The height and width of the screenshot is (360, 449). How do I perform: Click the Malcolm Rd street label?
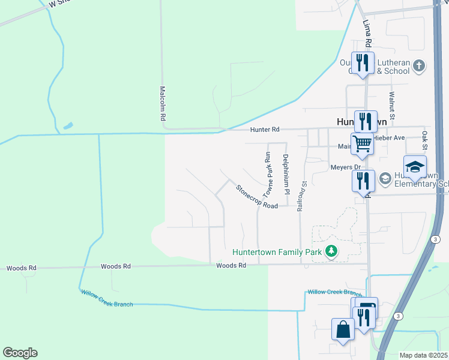tap(162, 103)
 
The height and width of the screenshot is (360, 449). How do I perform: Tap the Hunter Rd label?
tap(265, 130)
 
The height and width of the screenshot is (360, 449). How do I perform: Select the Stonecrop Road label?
tap(256, 197)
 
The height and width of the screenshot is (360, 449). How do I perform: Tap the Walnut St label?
tap(391, 103)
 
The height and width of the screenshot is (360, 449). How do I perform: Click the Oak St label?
tap(424, 140)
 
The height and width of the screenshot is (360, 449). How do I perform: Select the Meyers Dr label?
tap(344, 167)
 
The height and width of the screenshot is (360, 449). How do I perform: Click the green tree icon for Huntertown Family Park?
tap(330, 251)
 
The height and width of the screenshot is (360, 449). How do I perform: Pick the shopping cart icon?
tap(363, 143)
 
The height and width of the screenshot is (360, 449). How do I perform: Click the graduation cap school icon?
tap(414, 166)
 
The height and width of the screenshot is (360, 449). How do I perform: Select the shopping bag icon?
tap(343, 329)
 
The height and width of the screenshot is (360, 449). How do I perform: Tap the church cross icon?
tap(419, 65)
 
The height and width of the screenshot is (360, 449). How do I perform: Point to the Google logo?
tap(20, 353)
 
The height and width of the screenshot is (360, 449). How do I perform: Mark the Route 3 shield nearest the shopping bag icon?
tap(397, 316)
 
